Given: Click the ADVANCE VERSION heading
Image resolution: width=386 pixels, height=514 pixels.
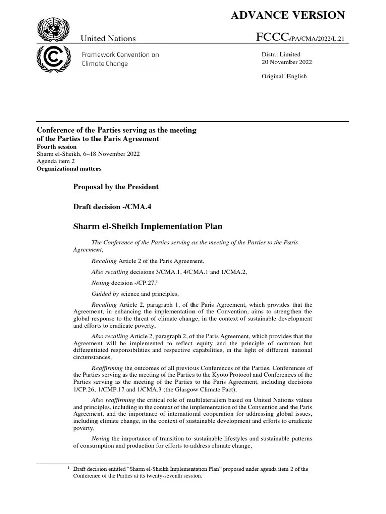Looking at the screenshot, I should pos(287,15).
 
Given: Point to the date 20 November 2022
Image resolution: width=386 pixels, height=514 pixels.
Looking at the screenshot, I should pos(286,62).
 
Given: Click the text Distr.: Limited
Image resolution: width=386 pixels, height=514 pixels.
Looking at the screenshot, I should pos(281,54).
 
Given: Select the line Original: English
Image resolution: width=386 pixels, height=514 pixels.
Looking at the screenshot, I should pos(284,76).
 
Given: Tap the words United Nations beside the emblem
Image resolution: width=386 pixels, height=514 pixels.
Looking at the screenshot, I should pos(109,39).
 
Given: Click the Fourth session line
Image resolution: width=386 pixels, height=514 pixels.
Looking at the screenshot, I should pos(57,147).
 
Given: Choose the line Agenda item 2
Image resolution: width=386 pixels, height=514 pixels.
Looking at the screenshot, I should pos(56,161).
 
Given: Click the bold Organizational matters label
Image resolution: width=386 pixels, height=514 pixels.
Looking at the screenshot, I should pos(69,169).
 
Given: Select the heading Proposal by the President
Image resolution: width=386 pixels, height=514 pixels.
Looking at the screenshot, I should pos(116,187).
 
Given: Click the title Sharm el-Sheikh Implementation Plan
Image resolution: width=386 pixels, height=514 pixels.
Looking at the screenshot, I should pos(148,227).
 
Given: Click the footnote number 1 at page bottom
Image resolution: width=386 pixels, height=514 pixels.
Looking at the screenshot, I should pos(69,468).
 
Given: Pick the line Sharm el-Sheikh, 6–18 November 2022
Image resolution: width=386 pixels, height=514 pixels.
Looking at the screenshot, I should pos(88,154).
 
